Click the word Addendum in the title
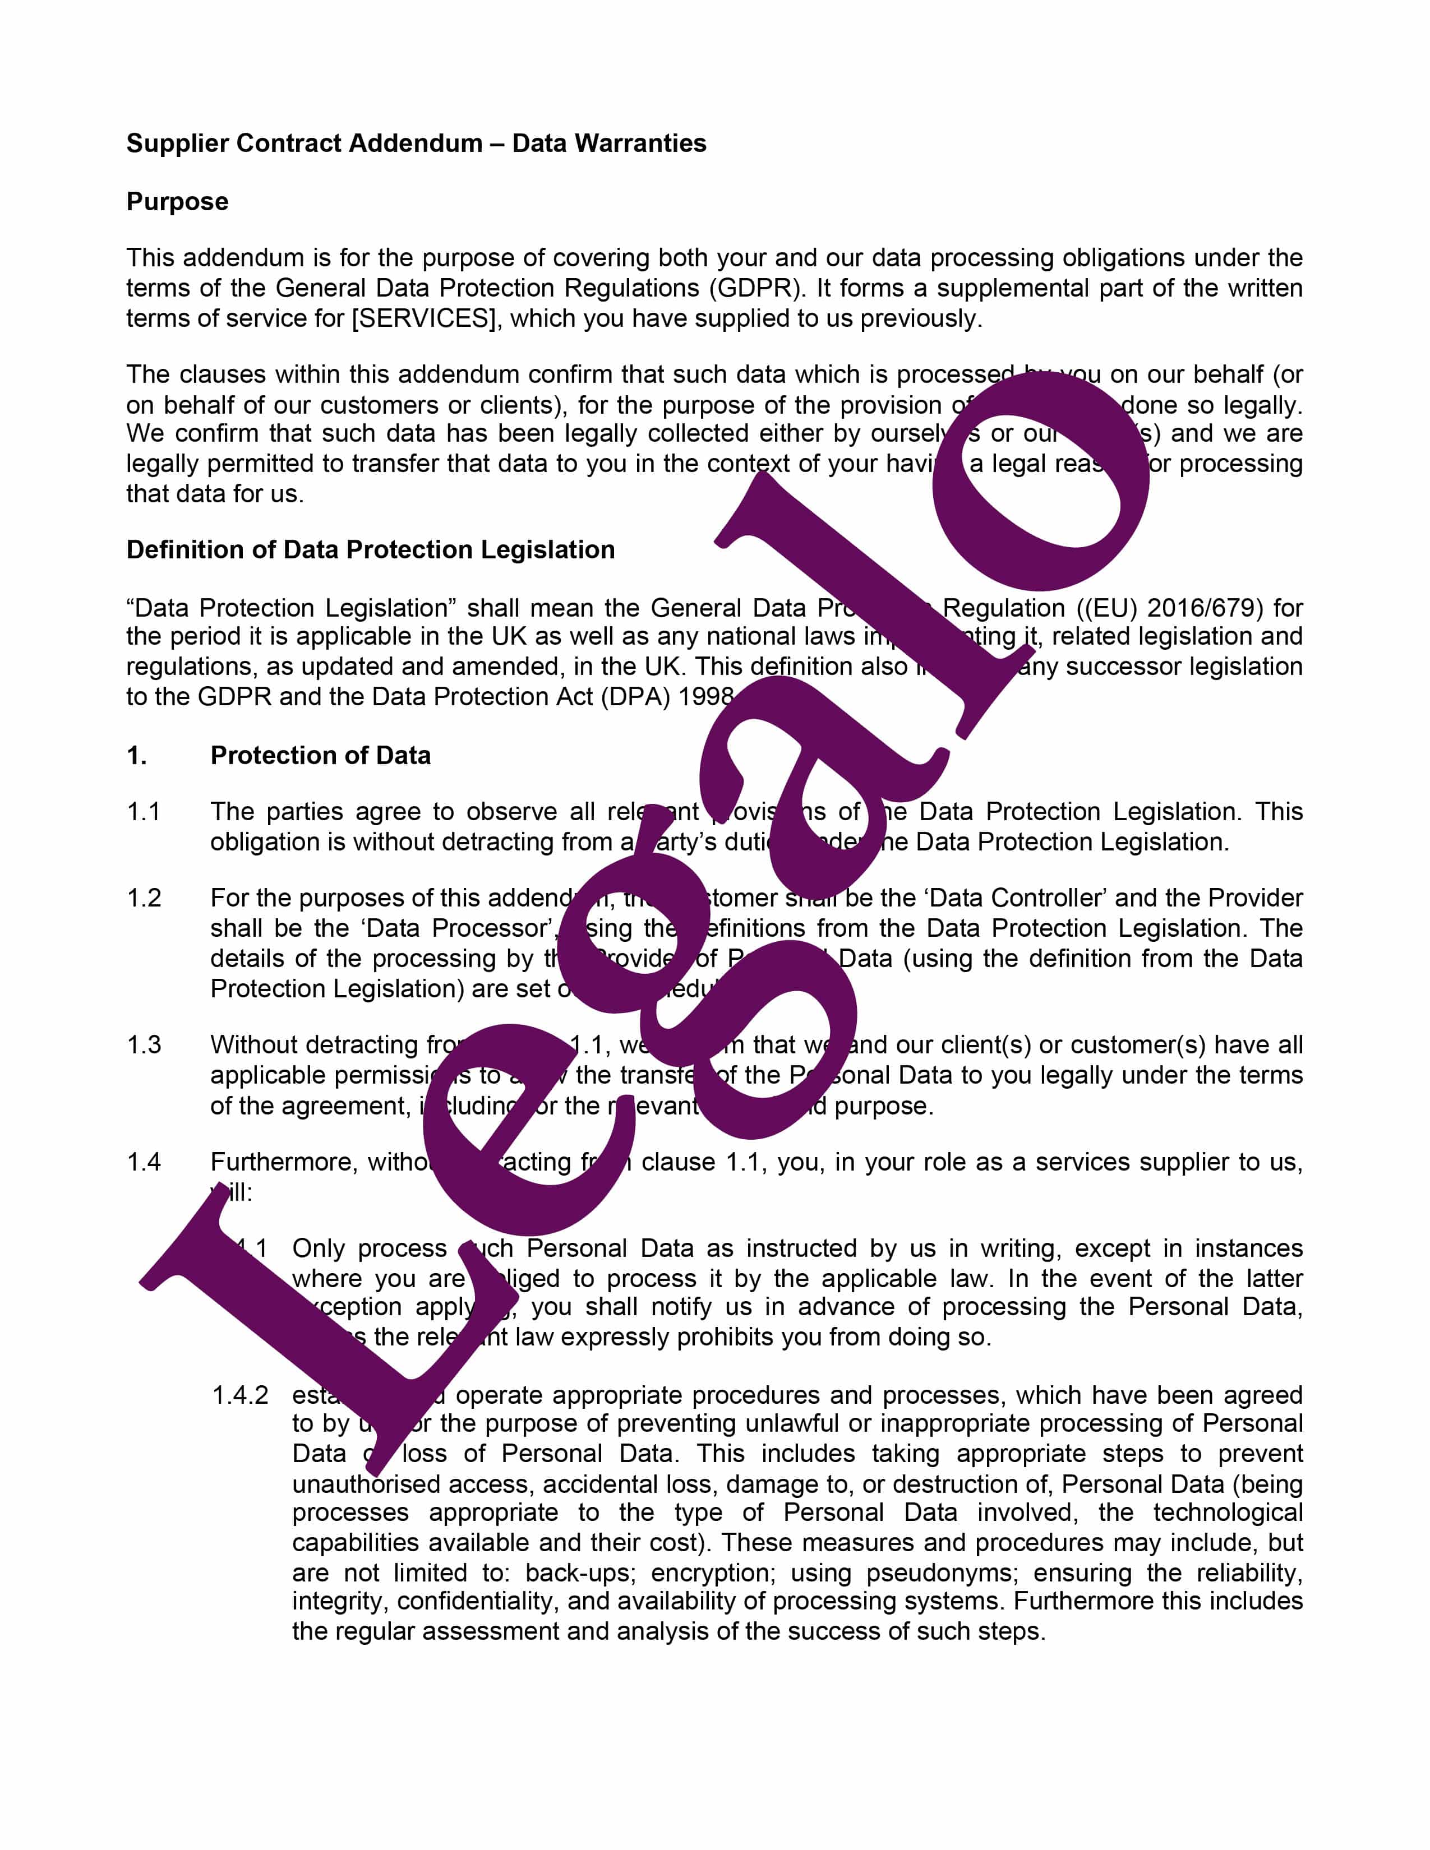[415, 143]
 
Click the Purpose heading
[177, 202]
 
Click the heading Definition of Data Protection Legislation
[370, 550]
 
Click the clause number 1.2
[144, 898]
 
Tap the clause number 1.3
[144, 1044]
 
